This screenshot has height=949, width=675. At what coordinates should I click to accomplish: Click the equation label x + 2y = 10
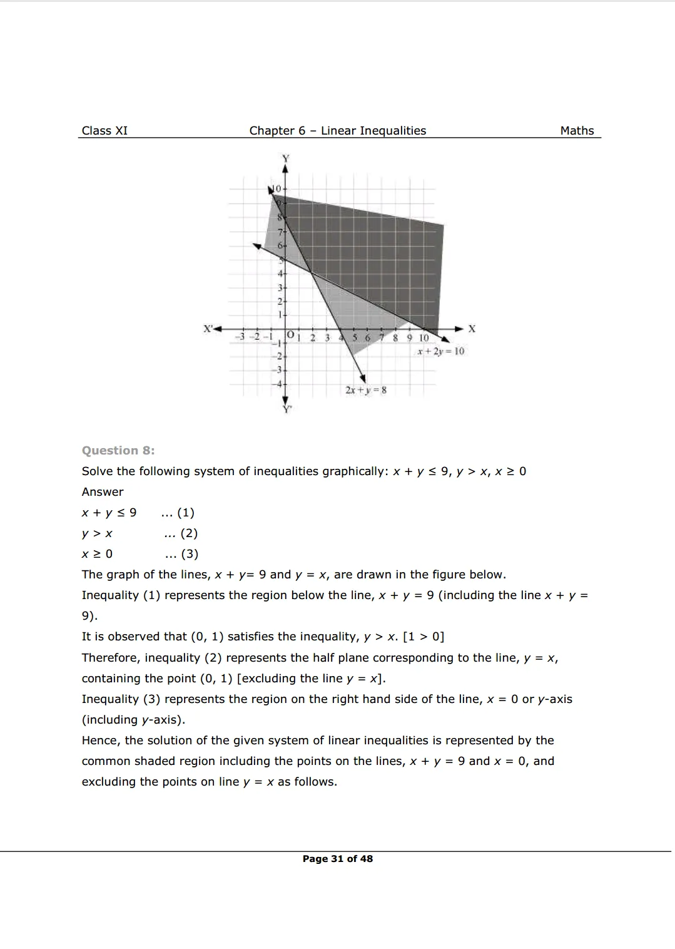click(x=440, y=351)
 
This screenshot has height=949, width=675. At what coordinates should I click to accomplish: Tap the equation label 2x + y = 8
click(x=366, y=390)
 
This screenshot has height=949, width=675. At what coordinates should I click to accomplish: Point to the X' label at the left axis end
click(x=208, y=328)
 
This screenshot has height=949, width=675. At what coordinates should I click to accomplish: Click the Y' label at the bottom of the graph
click(x=287, y=409)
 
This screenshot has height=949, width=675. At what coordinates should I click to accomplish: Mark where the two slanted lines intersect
click(x=312, y=272)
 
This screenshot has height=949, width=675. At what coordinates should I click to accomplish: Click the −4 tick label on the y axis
click(x=281, y=383)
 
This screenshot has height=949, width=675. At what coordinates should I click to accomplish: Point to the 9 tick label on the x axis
click(x=409, y=338)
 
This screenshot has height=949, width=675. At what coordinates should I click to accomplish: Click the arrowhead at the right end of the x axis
click(x=460, y=329)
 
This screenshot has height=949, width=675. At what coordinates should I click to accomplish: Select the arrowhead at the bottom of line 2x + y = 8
click(x=363, y=377)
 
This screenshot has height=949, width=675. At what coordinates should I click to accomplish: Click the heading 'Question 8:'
click(x=118, y=451)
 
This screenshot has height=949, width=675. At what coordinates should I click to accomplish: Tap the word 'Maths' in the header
click(x=577, y=131)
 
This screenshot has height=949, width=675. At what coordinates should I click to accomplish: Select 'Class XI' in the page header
click(x=104, y=131)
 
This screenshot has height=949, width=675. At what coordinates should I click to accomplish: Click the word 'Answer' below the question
click(x=103, y=492)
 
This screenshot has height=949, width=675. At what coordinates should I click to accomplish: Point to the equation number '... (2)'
click(x=180, y=533)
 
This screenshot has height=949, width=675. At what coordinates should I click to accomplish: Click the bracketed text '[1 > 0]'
click(x=424, y=637)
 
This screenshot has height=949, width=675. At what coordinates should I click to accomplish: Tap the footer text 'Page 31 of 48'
click(x=337, y=859)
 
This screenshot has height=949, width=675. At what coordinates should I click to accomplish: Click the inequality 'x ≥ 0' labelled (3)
click(x=97, y=554)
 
